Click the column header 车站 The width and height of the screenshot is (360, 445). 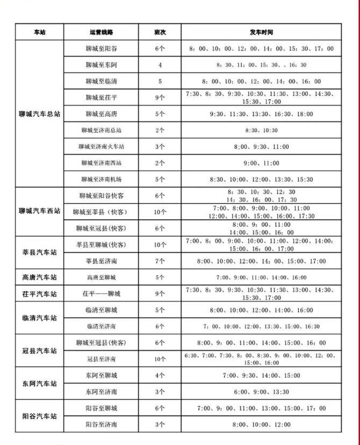click(x=39, y=32)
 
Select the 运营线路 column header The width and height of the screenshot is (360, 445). click(x=101, y=32)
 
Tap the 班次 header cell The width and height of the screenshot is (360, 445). click(x=160, y=32)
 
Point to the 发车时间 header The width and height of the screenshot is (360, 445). click(x=261, y=32)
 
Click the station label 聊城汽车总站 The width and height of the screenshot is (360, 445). click(x=39, y=114)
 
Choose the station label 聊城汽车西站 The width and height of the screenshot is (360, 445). click(x=39, y=211)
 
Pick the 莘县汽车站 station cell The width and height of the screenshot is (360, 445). click(x=39, y=252)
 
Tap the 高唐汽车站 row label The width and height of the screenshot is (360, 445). click(x=39, y=278)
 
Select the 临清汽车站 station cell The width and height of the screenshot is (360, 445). click(x=39, y=318)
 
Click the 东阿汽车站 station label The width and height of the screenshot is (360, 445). click(x=39, y=384)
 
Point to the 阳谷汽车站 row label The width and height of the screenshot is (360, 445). click(x=39, y=417)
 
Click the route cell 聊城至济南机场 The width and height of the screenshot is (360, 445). click(x=101, y=179)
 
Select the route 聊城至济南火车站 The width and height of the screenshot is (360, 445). click(x=101, y=147)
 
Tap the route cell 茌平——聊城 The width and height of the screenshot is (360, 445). click(x=101, y=294)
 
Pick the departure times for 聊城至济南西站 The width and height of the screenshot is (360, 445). click(x=261, y=163)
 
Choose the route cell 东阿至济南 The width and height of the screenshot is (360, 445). click(x=101, y=392)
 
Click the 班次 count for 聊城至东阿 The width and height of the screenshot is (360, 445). click(x=160, y=65)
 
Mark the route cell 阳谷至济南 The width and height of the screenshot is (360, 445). click(x=101, y=425)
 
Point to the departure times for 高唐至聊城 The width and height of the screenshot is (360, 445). click(x=261, y=277)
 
